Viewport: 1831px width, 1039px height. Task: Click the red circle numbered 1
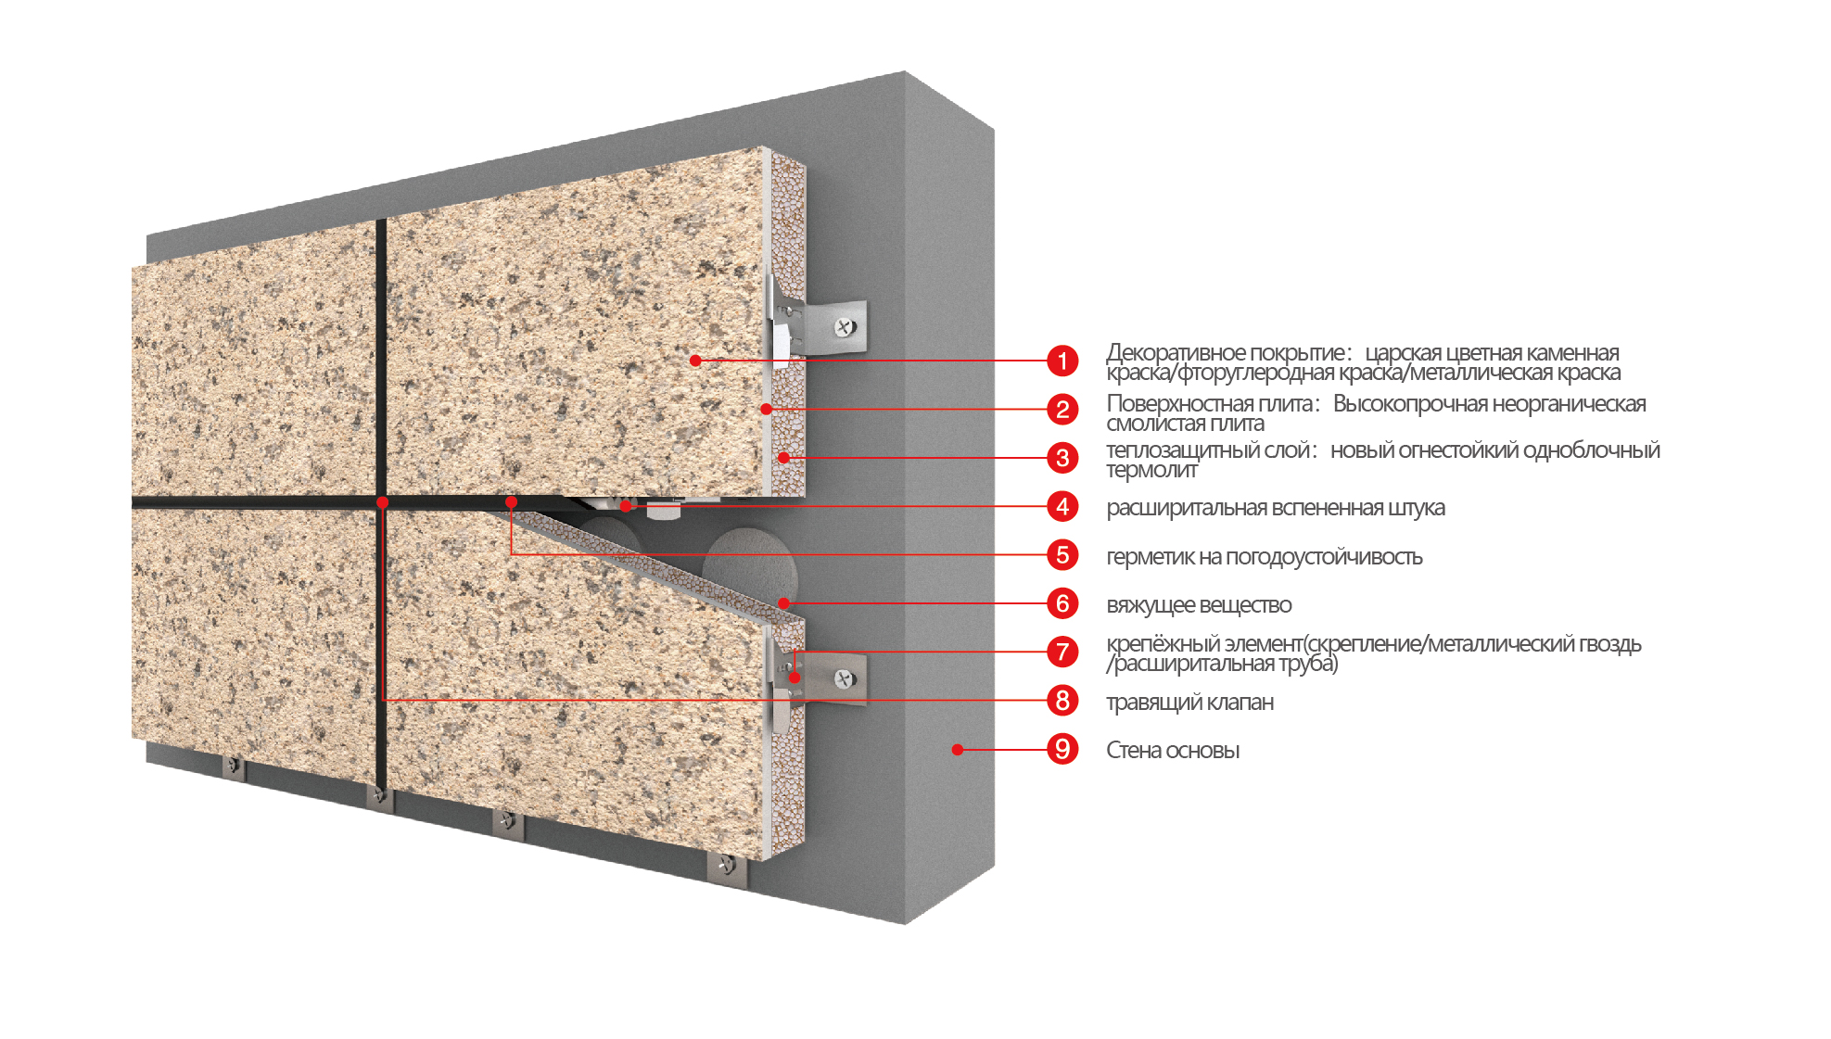point(1062,361)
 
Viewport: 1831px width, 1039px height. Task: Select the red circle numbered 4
point(1062,506)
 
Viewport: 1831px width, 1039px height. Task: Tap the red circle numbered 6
point(1062,603)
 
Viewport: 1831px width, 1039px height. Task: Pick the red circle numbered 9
point(1062,749)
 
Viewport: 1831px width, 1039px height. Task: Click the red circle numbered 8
point(1062,700)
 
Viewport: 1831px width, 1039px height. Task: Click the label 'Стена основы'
point(1173,750)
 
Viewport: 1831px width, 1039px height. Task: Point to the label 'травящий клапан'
point(1189,702)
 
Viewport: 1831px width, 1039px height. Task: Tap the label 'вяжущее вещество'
point(1199,605)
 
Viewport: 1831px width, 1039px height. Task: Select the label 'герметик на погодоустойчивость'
point(1265,557)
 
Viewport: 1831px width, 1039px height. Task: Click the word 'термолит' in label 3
point(1151,470)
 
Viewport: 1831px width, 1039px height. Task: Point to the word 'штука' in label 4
point(1417,508)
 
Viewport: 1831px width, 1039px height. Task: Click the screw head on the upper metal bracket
point(845,326)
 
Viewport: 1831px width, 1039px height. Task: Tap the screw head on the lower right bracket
point(844,678)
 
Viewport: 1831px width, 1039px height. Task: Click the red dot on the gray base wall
point(958,749)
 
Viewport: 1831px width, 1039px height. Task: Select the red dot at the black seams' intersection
point(382,502)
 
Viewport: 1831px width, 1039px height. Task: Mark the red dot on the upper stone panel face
point(695,361)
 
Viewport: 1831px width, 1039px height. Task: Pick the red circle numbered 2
point(1062,409)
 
